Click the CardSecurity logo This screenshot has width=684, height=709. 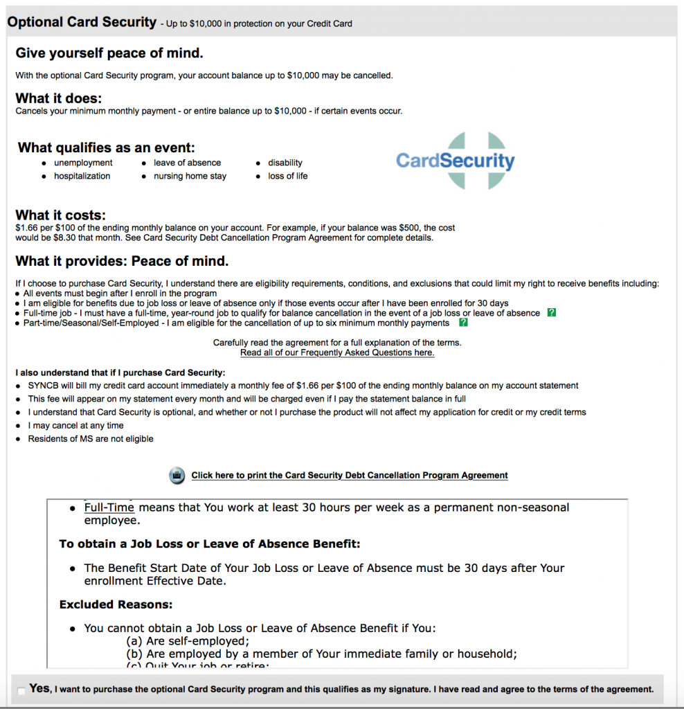click(455, 161)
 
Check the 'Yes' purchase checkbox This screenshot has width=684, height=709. click(22, 690)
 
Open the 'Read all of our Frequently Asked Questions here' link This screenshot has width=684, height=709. click(337, 353)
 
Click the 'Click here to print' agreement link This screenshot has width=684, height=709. click(350, 476)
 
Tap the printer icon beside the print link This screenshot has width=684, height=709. click(177, 476)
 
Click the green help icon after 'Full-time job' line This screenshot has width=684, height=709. click(551, 313)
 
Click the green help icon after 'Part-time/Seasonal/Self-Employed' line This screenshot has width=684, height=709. click(463, 323)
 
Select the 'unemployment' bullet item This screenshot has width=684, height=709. click(83, 163)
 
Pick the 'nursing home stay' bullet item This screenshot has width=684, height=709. click(190, 176)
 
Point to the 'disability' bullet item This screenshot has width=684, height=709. click(285, 163)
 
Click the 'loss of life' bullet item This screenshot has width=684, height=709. click(288, 176)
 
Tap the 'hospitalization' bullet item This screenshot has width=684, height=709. click(82, 176)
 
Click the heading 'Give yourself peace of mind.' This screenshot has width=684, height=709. click(109, 53)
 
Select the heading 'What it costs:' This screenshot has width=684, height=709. click(61, 215)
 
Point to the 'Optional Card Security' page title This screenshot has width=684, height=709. click(82, 22)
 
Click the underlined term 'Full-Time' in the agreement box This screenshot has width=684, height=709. click(109, 508)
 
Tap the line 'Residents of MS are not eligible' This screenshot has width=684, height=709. click(91, 439)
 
